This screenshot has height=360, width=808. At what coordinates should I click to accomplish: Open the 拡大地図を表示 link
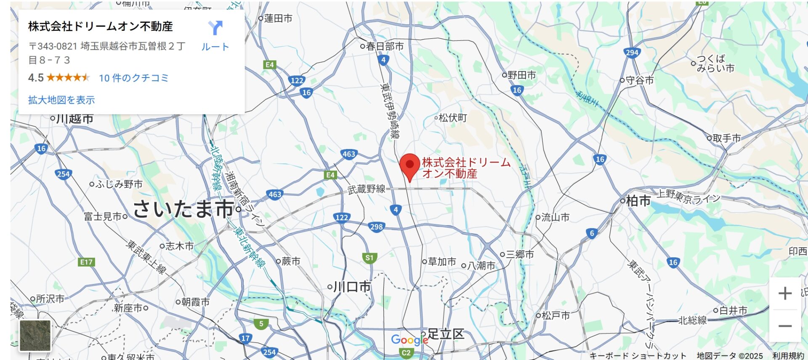point(61,100)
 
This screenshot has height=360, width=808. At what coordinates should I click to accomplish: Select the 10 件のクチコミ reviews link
point(134,78)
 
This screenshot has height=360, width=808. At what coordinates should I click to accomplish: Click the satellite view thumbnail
point(35,336)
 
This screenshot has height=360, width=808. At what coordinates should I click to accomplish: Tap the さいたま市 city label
point(183,209)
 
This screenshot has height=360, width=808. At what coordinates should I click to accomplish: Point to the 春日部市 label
point(385,46)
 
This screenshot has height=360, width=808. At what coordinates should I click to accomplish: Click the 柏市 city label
point(638,201)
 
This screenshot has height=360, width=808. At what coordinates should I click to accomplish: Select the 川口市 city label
point(352,287)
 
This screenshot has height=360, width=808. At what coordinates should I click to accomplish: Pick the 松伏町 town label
point(453,118)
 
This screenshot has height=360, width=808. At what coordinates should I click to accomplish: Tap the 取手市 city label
point(726,138)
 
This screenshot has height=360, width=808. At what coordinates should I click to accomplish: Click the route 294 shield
point(632,53)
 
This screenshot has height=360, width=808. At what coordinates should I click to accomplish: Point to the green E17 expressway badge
point(86,262)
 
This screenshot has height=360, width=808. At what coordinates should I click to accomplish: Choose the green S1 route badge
point(369,258)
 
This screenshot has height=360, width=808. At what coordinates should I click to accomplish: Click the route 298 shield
point(376,227)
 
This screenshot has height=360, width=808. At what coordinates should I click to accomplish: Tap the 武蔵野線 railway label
point(366,189)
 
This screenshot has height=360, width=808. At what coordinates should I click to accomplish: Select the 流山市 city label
point(555,217)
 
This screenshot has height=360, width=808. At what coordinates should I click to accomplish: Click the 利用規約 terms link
point(788,356)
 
